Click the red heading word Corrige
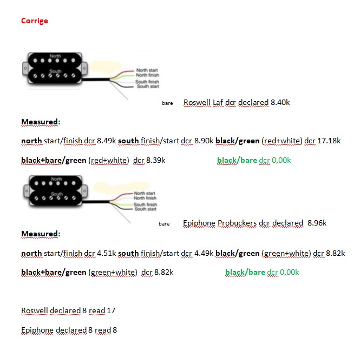[x=34, y=21]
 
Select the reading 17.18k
[x=329, y=141]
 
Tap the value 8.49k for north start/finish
[x=106, y=141]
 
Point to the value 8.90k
[x=202, y=141]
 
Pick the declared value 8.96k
[x=317, y=223]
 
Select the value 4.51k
[x=106, y=253]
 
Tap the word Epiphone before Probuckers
[x=199, y=223]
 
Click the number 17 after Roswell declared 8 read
[x=110, y=310]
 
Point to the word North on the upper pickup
[x=55, y=56]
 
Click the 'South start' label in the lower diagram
[x=145, y=209]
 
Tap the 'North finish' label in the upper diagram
[x=147, y=75]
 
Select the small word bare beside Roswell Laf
[x=167, y=103]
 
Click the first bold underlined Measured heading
[x=40, y=122]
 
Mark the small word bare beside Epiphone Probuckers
[x=164, y=223]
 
